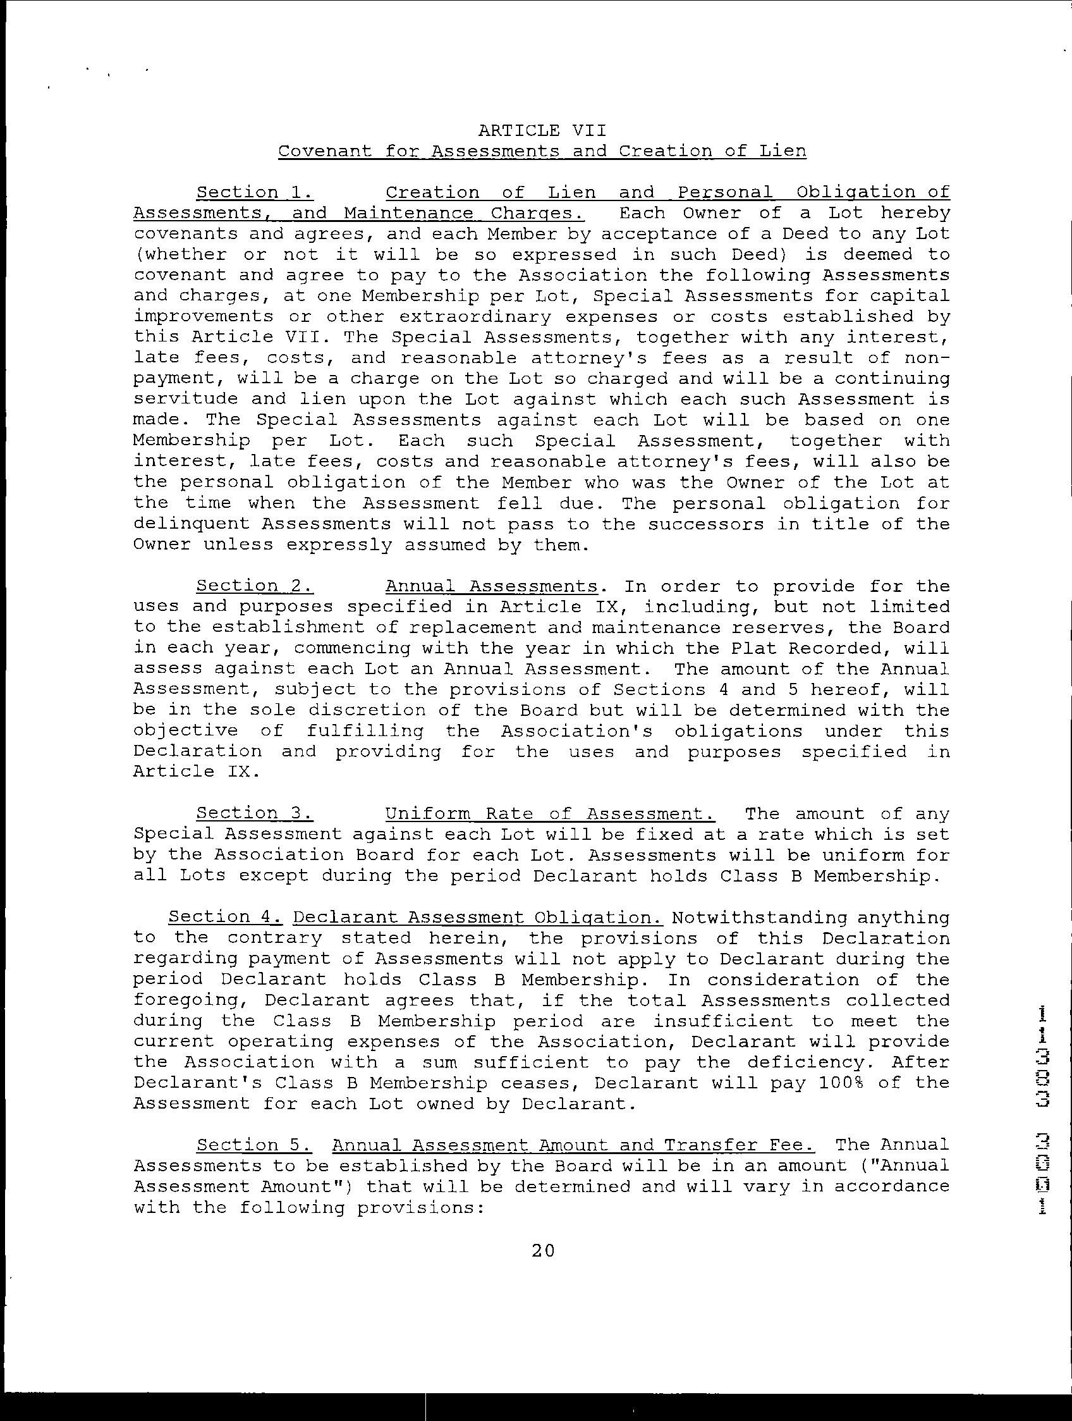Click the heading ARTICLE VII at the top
pos(542,131)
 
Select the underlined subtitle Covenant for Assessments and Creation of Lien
pos(542,152)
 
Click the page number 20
pos(543,1251)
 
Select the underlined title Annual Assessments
pos(491,586)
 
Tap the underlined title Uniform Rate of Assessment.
pos(550,813)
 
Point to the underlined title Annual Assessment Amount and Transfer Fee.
pos(573,1145)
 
